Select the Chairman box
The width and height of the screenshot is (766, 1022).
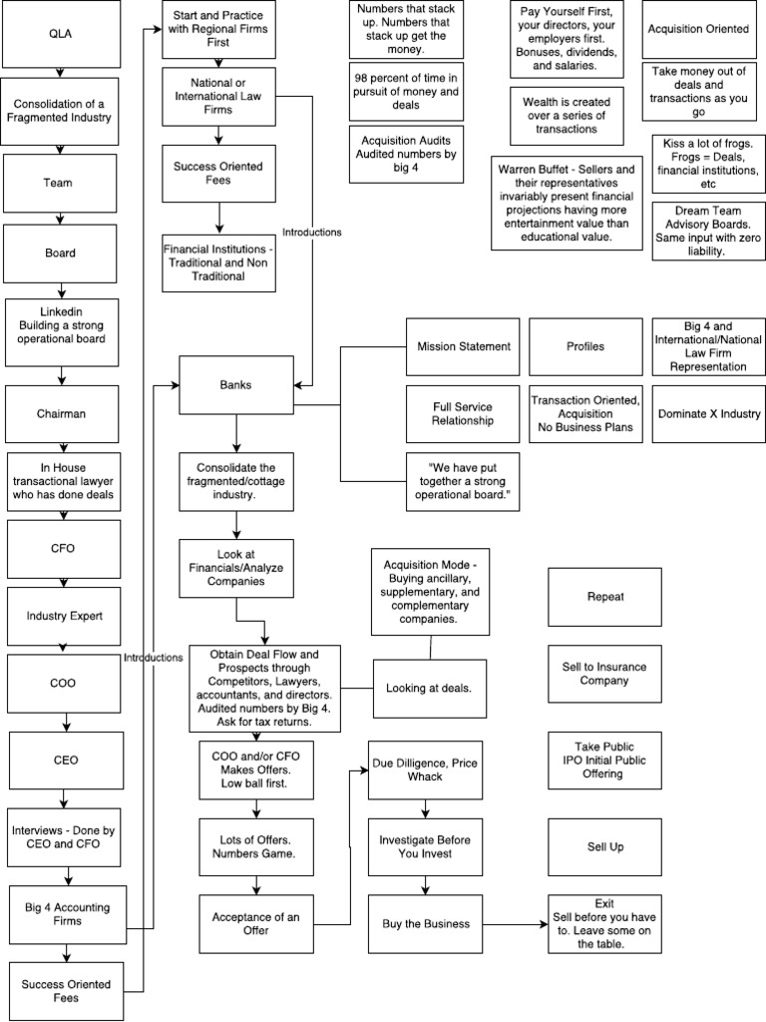click(61, 413)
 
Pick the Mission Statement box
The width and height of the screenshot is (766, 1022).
click(463, 347)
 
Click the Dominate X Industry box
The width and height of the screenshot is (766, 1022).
click(708, 413)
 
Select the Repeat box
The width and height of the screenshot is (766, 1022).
click(604, 597)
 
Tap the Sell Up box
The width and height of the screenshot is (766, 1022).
click(604, 846)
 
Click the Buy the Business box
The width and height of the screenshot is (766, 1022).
click(426, 924)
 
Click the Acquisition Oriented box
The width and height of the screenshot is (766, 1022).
click(698, 30)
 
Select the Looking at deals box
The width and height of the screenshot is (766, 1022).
click(429, 688)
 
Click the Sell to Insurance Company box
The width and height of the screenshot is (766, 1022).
click(604, 674)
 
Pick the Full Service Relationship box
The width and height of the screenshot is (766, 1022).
click(463, 413)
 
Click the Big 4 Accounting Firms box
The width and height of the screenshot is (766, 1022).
click(68, 914)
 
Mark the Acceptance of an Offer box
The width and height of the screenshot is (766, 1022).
click(256, 924)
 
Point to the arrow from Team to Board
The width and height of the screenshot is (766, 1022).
click(61, 217)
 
